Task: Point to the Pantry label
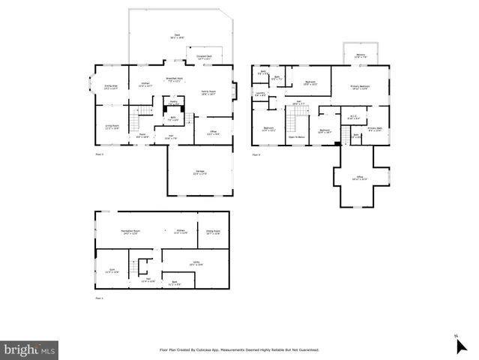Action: tap(173, 101)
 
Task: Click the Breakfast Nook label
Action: tap(175, 79)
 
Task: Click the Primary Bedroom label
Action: tap(361, 87)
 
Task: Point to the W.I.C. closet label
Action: tap(354, 117)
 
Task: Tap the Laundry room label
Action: tap(260, 94)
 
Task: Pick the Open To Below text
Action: tap(296, 137)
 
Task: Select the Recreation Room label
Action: tap(131, 232)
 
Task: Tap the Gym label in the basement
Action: tap(112, 271)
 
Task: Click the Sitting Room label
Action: tap(213, 232)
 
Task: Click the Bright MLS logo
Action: tap(29, 350)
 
